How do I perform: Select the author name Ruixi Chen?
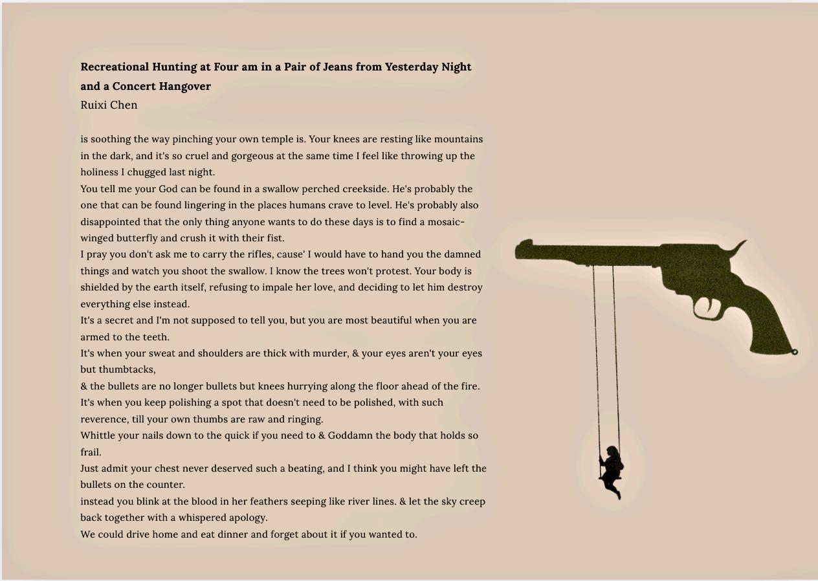point(109,105)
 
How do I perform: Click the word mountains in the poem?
point(458,139)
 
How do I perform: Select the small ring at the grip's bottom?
point(794,352)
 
